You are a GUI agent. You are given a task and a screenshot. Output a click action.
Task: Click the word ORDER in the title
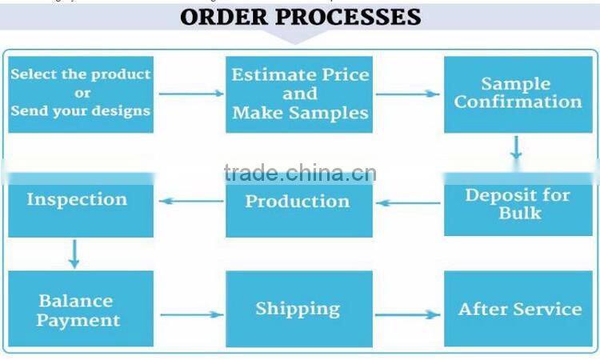coord(227,17)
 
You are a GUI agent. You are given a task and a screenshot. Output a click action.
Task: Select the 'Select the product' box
coord(81,93)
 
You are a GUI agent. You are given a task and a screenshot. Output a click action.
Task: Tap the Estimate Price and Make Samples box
coord(300,94)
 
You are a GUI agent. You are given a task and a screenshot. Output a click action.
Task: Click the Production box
coord(298,202)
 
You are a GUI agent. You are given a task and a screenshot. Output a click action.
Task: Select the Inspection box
coord(78,200)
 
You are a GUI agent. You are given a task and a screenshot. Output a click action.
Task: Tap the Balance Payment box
coord(78,310)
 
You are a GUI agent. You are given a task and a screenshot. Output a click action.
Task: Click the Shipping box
coord(298,309)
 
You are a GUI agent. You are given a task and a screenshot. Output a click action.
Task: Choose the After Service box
coord(519,309)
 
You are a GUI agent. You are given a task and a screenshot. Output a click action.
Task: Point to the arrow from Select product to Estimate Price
coord(190,94)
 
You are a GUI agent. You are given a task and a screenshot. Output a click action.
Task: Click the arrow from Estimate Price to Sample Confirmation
coord(408,94)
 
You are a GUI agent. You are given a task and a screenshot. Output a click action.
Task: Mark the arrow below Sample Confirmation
coord(517,147)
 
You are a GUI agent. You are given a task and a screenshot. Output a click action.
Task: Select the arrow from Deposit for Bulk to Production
coord(408,202)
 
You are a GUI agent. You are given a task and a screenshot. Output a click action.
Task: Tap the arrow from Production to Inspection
coord(190,201)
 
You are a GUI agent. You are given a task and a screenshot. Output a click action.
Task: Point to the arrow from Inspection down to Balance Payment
coord(74,253)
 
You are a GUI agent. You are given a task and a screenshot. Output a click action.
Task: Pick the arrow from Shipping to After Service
coord(408,314)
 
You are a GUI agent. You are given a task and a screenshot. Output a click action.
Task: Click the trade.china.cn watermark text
coord(299,172)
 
